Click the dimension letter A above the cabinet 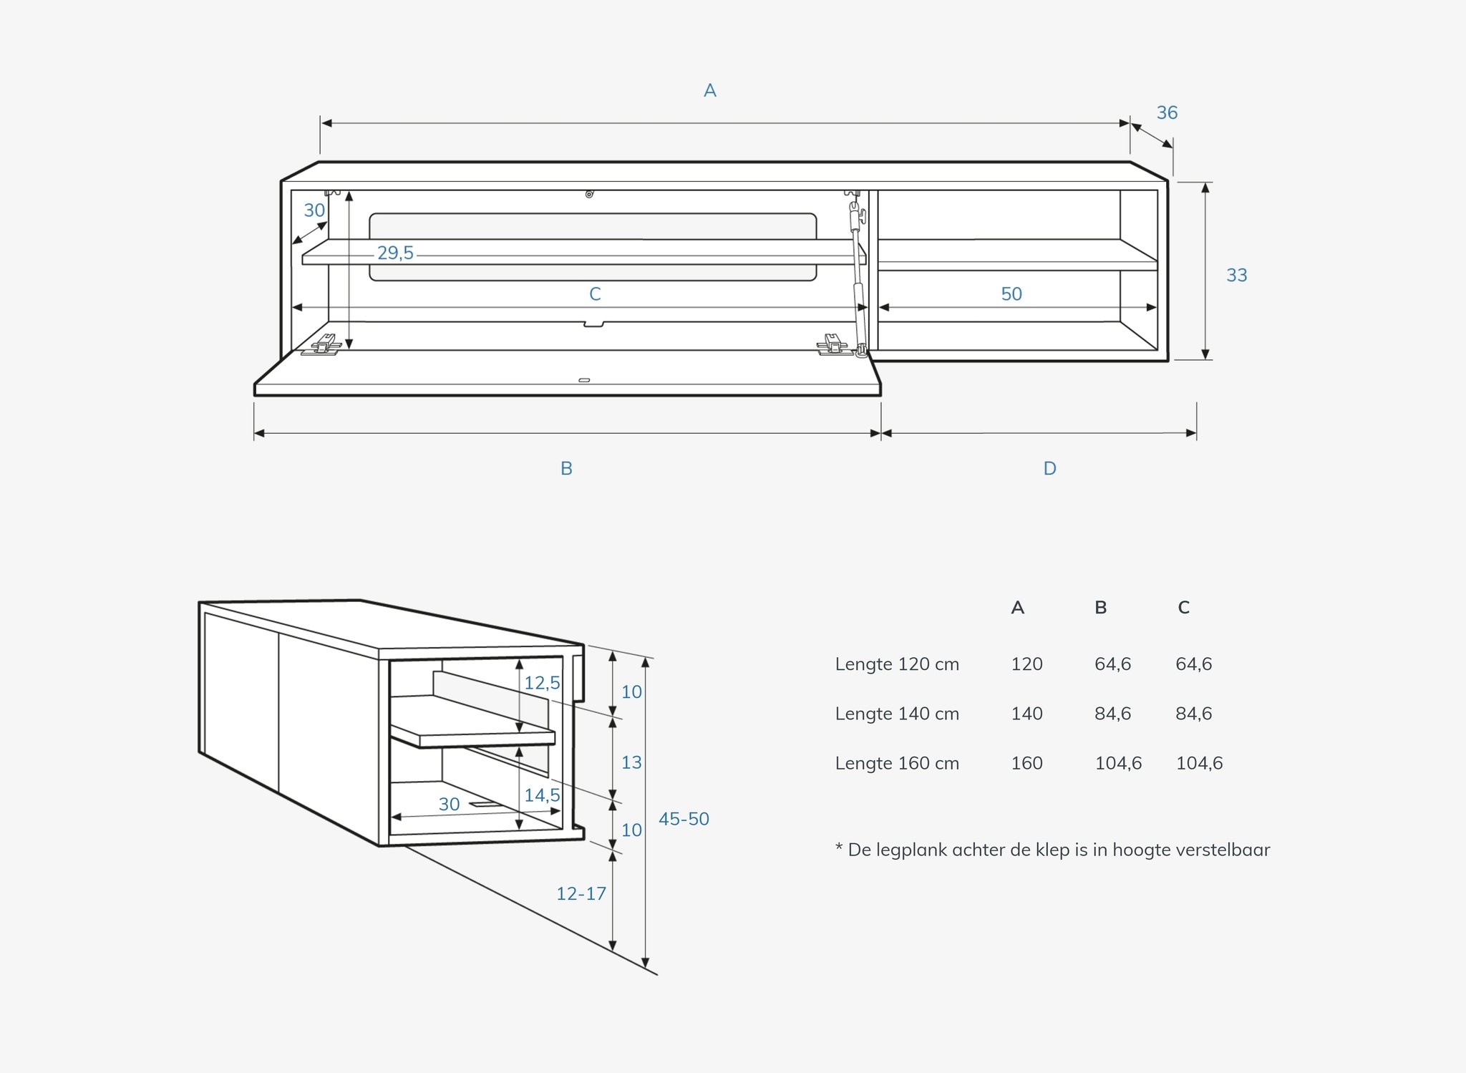pyautogui.click(x=709, y=90)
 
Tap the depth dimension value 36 pyautogui.click(x=1167, y=112)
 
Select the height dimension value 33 pyautogui.click(x=1236, y=275)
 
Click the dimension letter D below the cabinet pyautogui.click(x=1049, y=468)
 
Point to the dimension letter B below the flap pyautogui.click(x=566, y=468)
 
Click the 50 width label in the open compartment pyautogui.click(x=1011, y=293)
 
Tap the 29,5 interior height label pyautogui.click(x=396, y=253)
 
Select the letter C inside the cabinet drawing pyautogui.click(x=595, y=293)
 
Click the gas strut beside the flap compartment pyautogui.click(x=858, y=279)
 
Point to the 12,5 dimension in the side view pyautogui.click(x=542, y=683)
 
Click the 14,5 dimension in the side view pyautogui.click(x=542, y=795)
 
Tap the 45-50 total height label pyautogui.click(x=684, y=819)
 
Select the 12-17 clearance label pyautogui.click(x=581, y=893)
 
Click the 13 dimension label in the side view pyautogui.click(x=631, y=762)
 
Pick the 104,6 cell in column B pyautogui.click(x=1118, y=763)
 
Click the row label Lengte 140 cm pyautogui.click(x=897, y=714)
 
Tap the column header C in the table pyautogui.click(x=1184, y=608)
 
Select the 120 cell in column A pyautogui.click(x=1026, y=664)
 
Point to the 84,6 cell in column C pyautogui.click(x=1194, y=714)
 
